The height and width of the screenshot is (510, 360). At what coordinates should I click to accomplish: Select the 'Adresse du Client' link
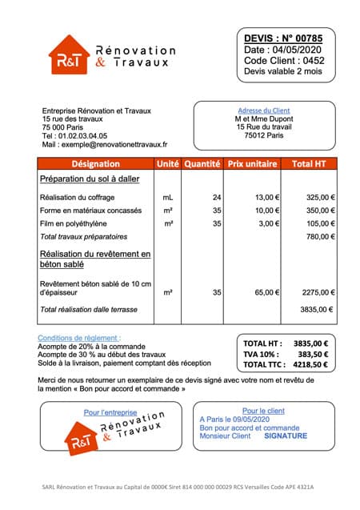264,110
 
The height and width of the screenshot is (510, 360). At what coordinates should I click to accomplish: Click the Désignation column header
95,164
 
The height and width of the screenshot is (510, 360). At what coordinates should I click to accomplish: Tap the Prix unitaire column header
252,164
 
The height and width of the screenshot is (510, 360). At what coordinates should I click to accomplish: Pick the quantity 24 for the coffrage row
216,196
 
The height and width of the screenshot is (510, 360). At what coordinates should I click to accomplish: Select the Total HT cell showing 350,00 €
321,210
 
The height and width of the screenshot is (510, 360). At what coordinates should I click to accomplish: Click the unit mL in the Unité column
168,196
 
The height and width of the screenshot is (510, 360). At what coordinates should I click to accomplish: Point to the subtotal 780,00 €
321,237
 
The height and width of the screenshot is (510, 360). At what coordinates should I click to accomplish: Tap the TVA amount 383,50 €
318,353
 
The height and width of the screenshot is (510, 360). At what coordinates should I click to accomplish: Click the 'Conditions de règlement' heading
79,338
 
